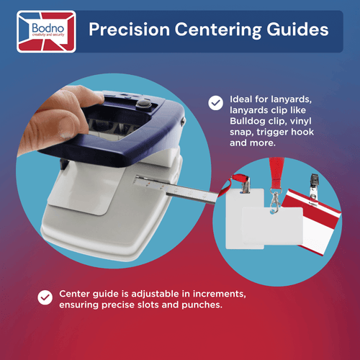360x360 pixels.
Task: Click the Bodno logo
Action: (x=46, y=32)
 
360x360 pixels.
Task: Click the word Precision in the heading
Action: (x=130, y=30)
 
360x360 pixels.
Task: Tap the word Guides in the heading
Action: (x=297, y=30)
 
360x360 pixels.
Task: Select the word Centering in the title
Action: (x=218, y=30)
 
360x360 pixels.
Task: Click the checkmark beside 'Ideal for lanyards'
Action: (x=215, y=103)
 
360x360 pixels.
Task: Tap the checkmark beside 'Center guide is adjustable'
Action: (x=45, y=297)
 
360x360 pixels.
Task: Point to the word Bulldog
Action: (x=247, y=121)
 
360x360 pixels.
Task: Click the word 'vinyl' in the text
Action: (x=300, y=121)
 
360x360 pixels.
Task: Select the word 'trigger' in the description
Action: (x=271, y=132)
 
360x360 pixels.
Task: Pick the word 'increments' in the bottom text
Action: (x=220, y=294)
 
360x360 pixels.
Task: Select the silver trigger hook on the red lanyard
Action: (x=275, y=201)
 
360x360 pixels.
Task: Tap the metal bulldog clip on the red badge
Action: (x=314, y=189)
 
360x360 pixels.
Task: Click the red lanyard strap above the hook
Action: (x=276, y=172)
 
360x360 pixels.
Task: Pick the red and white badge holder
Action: (x=312, y=222)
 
